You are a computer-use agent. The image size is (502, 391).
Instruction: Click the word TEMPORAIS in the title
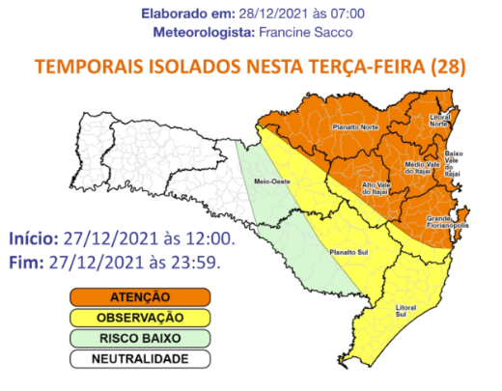(84, 68)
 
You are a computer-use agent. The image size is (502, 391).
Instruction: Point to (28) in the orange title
(449, 68)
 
